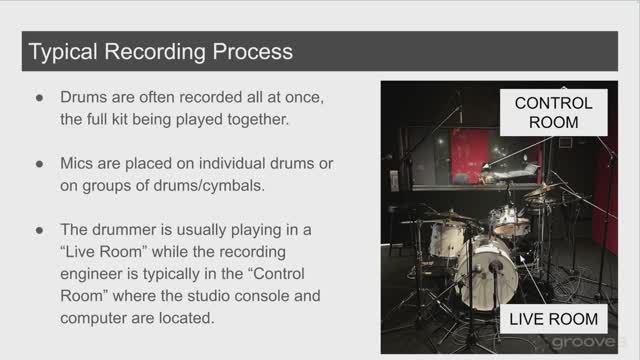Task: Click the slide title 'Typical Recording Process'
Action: click(x=160, y=50)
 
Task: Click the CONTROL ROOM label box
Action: click(x=553, y=112)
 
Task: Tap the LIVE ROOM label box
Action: click(x=553, y=320)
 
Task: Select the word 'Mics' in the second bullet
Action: click(x=79, y=162)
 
